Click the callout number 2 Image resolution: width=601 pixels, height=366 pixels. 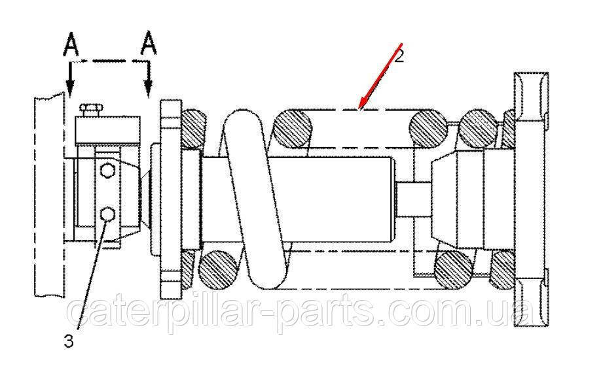[x=399, y=57]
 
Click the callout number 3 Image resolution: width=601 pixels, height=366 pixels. [x=69, y=341]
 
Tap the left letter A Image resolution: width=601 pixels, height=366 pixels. [x=71, y=44]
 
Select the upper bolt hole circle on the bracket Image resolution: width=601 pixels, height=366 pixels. [x=107, y=171]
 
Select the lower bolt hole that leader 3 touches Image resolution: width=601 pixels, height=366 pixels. [x=107, y=214]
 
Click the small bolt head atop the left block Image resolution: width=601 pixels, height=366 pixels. [x=91, y=110]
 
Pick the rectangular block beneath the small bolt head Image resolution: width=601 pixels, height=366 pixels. [x=107, y=130]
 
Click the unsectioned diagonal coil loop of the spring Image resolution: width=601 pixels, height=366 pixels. [x=255, y=199]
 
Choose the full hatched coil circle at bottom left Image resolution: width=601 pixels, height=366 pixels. [x=219, y=270]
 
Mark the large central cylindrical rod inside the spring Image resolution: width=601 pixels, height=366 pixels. [x=298, y=199]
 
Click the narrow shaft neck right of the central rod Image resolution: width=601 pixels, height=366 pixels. [x=414, y=199]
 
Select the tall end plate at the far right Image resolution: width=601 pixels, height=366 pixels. [x=531, y=199]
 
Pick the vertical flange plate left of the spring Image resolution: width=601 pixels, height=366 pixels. [x=171, y=199]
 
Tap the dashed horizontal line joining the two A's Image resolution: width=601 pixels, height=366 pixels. [x=109, y=61]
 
